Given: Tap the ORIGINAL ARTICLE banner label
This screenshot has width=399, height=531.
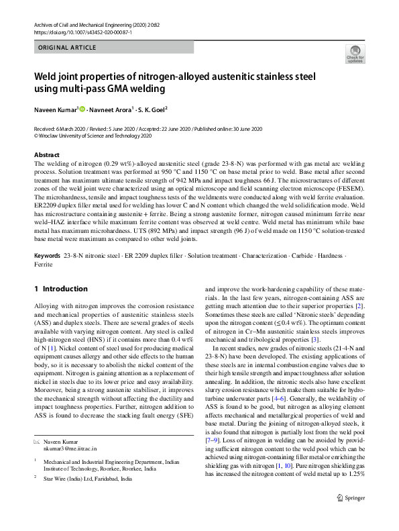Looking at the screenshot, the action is (67, 48).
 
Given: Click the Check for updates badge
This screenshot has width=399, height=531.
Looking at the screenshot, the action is (355, 54).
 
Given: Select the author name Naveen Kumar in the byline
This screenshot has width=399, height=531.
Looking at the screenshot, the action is (56, 109).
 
